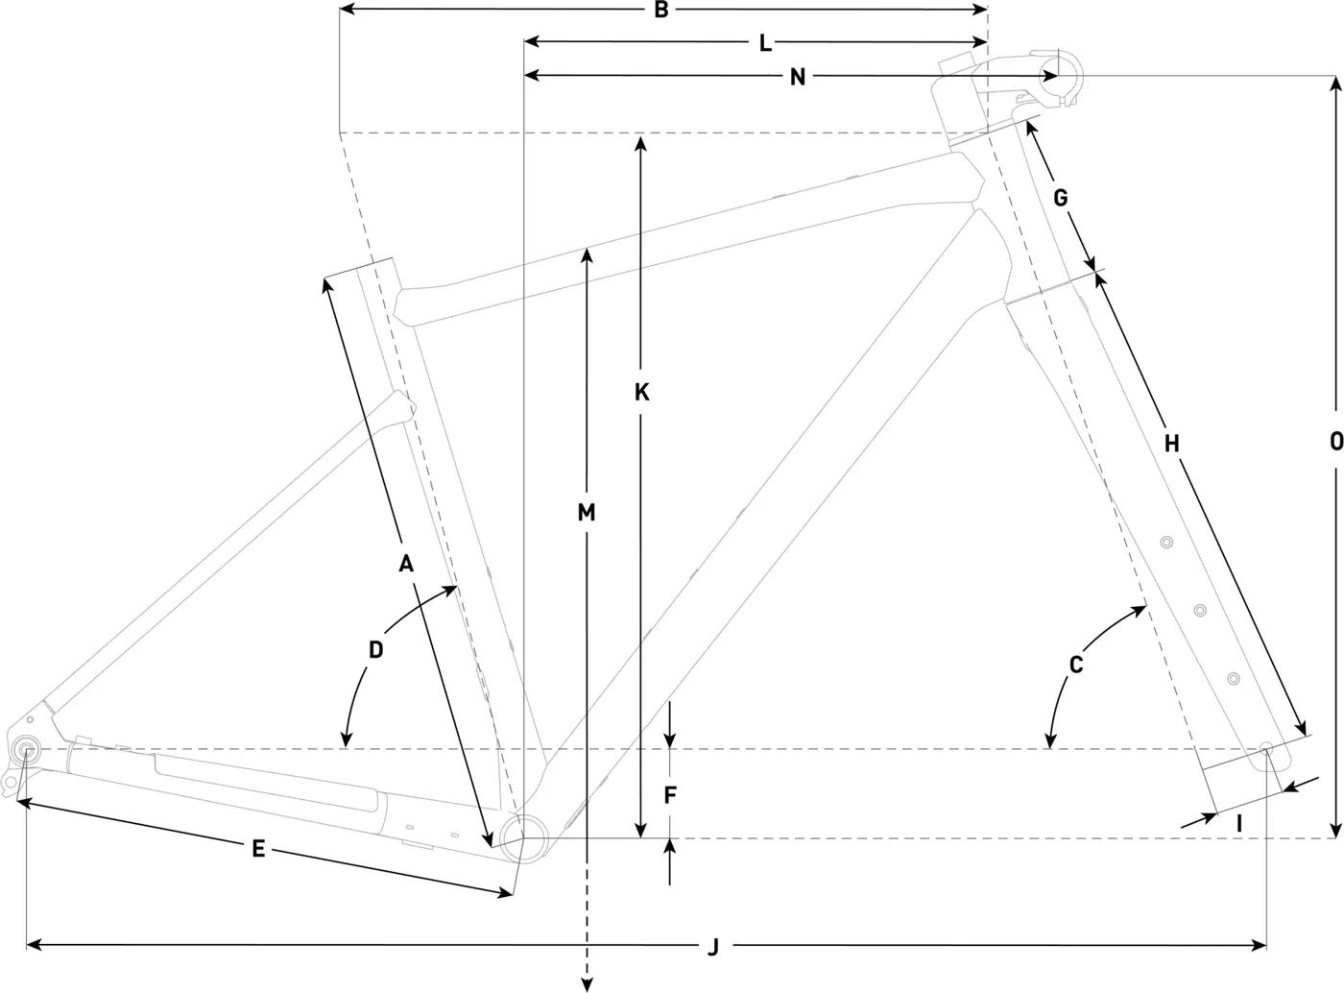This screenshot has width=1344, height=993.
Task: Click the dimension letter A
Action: point(406,564)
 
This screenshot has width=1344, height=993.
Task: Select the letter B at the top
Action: point(661,10)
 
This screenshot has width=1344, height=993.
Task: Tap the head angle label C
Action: point(1075,665)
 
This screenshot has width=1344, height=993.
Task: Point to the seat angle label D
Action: point(375,650)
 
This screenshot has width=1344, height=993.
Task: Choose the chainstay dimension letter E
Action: point(258,849)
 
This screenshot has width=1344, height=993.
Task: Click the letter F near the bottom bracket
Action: point(669,795)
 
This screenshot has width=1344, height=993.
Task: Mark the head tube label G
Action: point(1061,197)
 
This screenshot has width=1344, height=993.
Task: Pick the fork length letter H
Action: point(1171,444)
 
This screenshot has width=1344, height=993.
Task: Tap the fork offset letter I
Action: point(1238,824)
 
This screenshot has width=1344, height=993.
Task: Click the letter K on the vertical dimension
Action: point(641,393)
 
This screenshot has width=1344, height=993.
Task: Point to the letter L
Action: point(765,43)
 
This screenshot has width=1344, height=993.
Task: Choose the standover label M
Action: point(586,513)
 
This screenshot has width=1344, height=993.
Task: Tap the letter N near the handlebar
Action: point(798,78)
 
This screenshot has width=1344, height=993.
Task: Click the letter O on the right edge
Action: point(1336,442)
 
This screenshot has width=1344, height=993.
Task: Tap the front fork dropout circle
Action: point(1266,748)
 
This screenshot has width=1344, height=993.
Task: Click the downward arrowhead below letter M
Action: point(587,985)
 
